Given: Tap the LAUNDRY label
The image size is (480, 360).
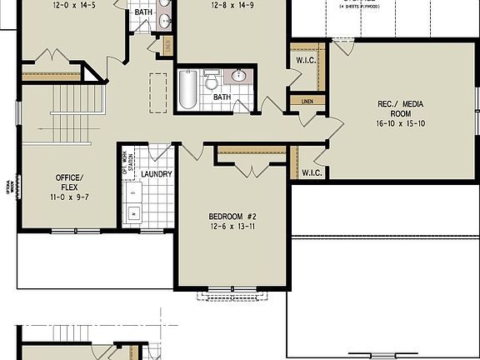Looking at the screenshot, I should click(157, 174).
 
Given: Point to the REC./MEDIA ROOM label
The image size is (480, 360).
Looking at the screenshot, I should click(401, 108).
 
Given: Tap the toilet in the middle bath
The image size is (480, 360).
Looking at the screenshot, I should click(212, 82).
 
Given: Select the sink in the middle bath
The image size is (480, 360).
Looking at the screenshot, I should click(240, 76).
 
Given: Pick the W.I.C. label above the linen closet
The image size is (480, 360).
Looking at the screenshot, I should click(304, 61).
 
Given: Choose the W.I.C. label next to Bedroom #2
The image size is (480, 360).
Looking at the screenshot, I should click(312, 172).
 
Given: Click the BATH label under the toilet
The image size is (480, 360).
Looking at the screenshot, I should click(221, 97).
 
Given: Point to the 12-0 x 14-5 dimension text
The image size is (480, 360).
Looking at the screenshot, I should click(73, 4).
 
